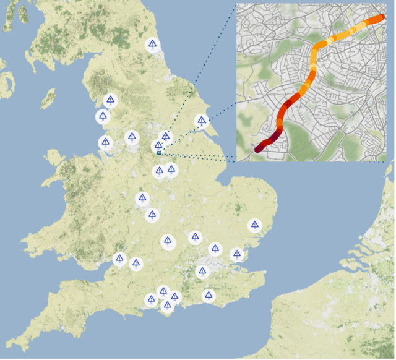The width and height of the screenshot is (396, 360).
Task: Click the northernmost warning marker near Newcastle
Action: point(152,45)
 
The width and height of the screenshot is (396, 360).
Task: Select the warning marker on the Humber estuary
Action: point(200,121)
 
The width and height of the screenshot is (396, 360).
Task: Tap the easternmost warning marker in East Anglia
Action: point(254,226)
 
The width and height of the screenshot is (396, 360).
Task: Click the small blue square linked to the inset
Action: point(159,152)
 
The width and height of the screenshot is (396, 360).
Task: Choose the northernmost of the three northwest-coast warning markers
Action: point(110,100)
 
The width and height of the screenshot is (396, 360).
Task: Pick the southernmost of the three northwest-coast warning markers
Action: point(105,143)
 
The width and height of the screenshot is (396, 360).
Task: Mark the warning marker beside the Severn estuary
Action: point(120,259)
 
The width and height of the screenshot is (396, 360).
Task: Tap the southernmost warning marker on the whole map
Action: point(167,306)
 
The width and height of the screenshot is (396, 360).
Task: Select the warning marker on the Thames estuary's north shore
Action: point(236,254)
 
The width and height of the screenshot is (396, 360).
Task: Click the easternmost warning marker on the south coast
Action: point(209,296)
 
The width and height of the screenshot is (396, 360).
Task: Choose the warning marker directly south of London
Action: point(202,272)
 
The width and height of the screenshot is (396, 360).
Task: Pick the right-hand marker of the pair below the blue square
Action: point(171,169)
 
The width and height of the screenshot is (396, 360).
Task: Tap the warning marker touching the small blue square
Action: point(158,146)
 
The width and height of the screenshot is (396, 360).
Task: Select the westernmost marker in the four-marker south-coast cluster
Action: point(151,300)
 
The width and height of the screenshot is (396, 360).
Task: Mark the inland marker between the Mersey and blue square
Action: point(131,137)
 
